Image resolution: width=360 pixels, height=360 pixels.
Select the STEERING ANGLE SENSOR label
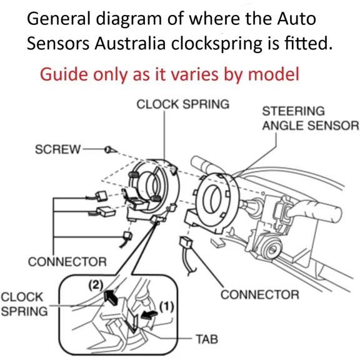click(x=309, y=118)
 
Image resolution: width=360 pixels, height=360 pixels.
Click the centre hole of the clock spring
click(x=151, y=186)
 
